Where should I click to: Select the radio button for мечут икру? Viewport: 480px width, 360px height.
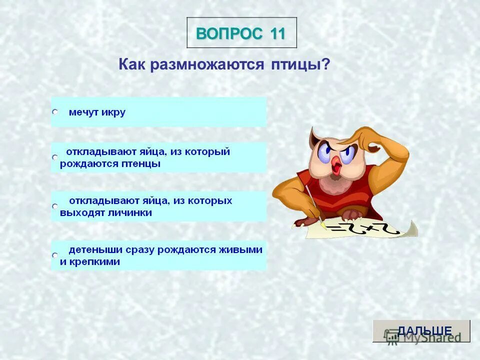[x=55, y=113]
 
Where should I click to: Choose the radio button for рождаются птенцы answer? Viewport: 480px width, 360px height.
[x=55, y=157]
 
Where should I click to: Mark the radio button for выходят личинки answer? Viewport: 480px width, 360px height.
[x=55, y=206]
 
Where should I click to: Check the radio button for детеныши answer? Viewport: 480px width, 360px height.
[x=55, y=255]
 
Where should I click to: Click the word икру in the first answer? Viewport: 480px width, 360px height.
[x=113, y=112]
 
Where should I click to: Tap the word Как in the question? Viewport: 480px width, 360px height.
[x=131, y=65]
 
